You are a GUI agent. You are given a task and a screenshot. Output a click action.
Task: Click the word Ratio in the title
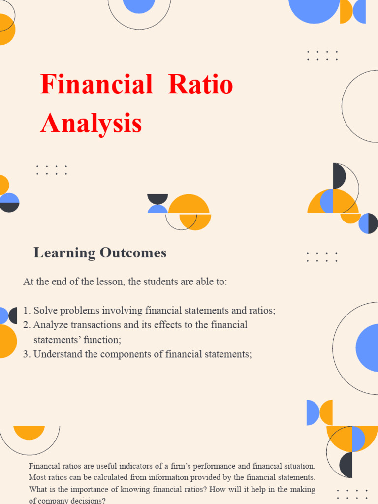click(x=200, y=85)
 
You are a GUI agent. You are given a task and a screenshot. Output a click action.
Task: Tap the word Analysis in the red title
click(x=91, y=123)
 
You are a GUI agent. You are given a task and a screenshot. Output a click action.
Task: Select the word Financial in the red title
click(x=96, y=85)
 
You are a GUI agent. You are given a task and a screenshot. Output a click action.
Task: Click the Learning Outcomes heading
click(x=100, y=253)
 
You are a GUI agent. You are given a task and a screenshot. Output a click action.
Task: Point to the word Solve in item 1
click(x=45, y=311)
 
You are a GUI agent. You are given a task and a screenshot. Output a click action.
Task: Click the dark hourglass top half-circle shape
click(x=157, y=198)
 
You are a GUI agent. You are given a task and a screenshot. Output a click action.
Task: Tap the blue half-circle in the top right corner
click(x=360, y=11)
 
